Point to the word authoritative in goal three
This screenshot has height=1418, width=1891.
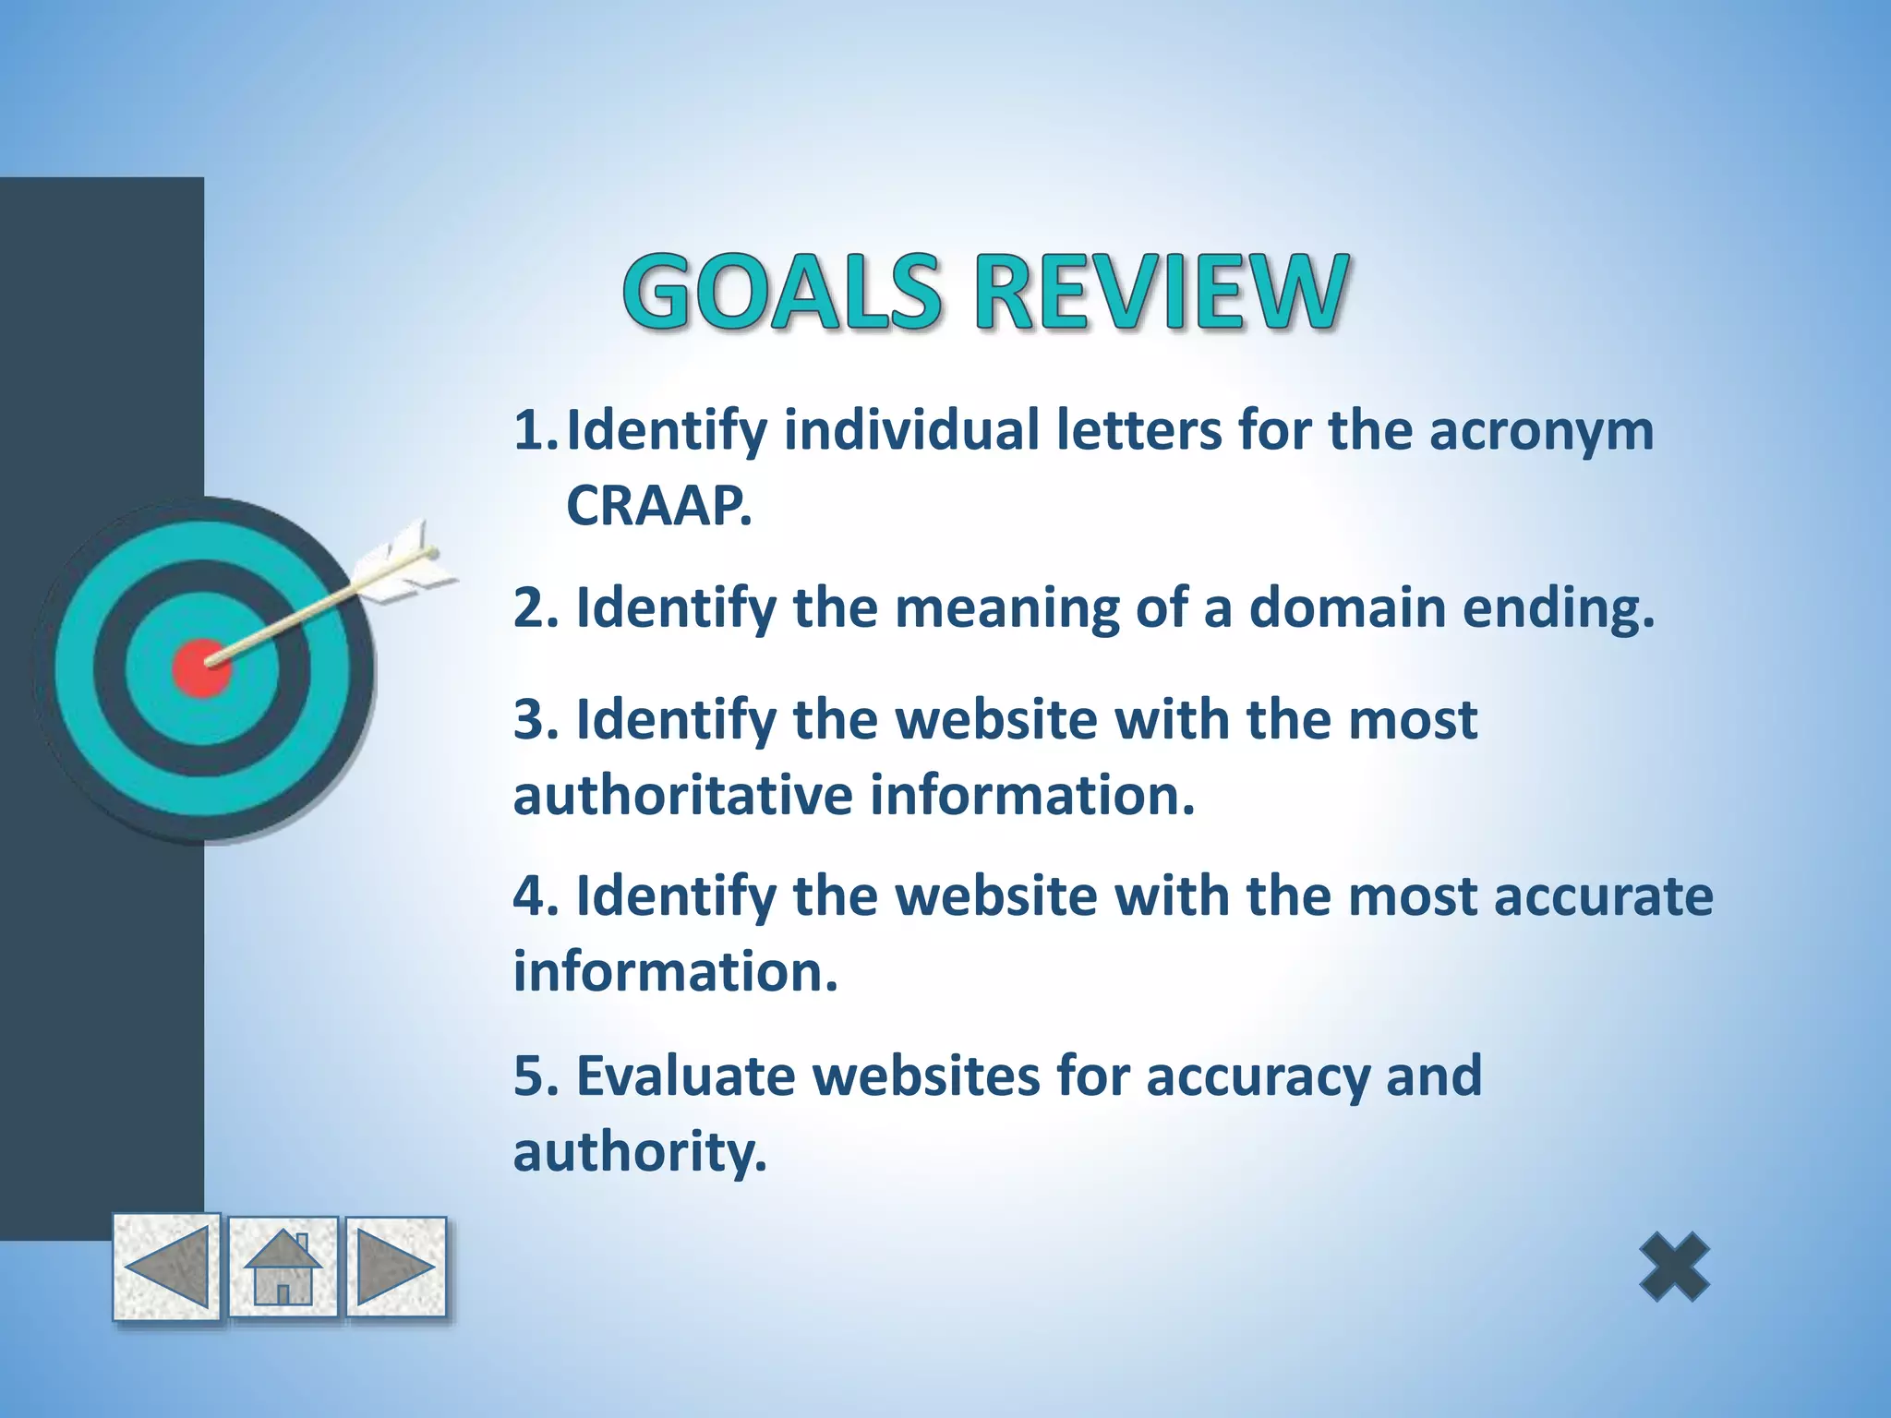click(682, 796)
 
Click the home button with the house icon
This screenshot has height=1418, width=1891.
click(283, 1268)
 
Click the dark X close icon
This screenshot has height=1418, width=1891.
click(1674, 1268)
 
